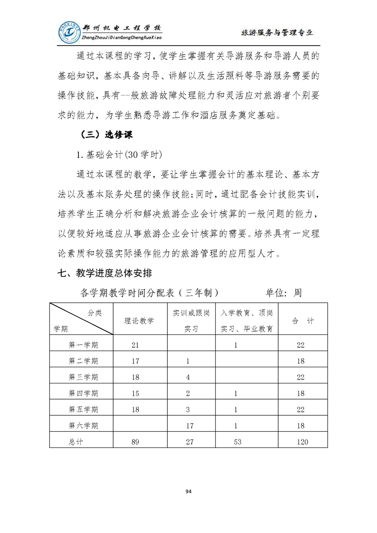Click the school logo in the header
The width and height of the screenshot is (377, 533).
[x=70, y=32]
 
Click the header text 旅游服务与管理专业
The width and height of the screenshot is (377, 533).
[x=277, y=33]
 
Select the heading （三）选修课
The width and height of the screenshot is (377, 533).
[x=105, y=134]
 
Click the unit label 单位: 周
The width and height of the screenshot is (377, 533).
[x=283, y=293]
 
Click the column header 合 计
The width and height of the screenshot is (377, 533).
[x=303, y=321]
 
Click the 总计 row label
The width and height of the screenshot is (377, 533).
[x=76, y=442]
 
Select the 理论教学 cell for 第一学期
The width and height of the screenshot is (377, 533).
[x=135, y=345]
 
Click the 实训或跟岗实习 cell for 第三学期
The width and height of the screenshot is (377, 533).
[x=188, y=377]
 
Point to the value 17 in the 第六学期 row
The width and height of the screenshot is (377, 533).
[x=188, y=426]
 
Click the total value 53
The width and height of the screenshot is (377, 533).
[x=237, y=442]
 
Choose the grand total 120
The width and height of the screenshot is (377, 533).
[x=301, y=442]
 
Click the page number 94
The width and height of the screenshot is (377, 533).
[x=188, y=491]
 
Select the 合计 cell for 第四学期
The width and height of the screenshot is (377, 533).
[x=300, y=393]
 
